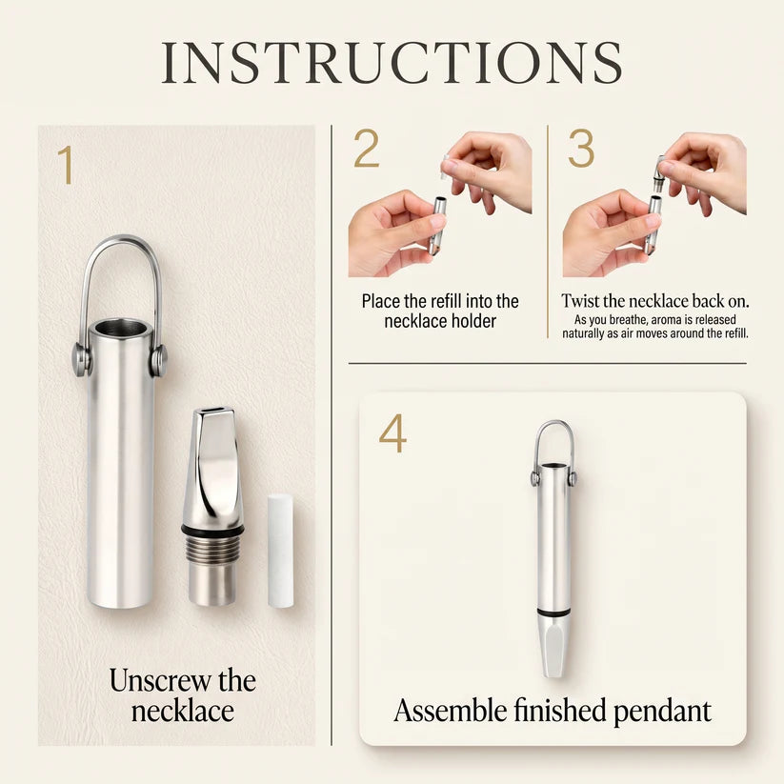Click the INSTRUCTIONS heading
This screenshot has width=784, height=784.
tap(392, 63)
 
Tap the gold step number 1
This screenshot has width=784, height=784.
tap(66, 165)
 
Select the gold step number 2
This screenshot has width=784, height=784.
tap(367, 148)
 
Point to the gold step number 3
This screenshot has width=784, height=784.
tap(581, 148)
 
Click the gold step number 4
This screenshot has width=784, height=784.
tap(392, 435)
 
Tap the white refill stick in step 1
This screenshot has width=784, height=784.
tap(280, 551)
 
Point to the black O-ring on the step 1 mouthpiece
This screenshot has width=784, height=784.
tap(213, 529)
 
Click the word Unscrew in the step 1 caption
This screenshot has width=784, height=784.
tap(159, 680)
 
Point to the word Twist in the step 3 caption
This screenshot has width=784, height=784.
tap(580, 300)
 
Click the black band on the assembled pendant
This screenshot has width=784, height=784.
tap(553, 612)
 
